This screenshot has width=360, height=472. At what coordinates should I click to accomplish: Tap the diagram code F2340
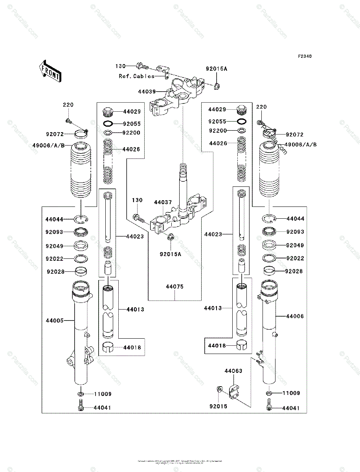[304, 56]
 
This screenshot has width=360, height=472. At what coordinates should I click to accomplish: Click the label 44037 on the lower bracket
[163, 202]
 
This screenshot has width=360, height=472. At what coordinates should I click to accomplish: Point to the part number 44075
[174, 287]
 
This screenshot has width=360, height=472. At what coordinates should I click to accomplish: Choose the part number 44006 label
[295, 316]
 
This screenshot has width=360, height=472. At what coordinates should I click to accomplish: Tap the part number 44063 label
[233, 371]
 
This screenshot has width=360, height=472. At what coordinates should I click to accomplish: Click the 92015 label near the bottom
[219, 406]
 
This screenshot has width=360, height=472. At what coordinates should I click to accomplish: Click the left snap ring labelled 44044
[81, 219]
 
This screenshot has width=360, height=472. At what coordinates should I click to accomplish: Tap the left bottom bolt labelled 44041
[80, 405]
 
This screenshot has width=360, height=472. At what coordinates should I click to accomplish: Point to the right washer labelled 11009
[269, 393]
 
